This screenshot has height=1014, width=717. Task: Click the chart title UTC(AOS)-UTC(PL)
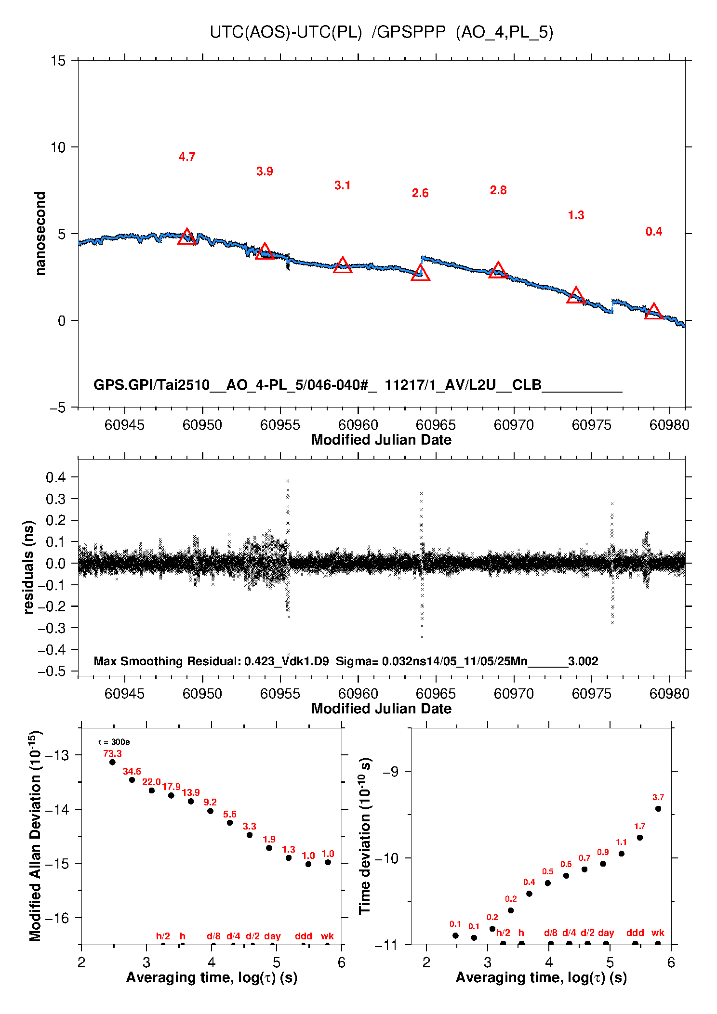286,32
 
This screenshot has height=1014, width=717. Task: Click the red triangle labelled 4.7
187,237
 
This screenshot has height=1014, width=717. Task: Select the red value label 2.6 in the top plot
420,193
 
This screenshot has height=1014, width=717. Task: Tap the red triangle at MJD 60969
498,271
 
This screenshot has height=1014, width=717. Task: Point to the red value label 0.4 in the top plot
654,232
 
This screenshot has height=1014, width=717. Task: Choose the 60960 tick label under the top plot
358,425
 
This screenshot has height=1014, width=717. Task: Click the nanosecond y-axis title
40,234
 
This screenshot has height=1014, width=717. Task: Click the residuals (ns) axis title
29,567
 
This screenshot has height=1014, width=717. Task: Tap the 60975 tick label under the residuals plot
591,694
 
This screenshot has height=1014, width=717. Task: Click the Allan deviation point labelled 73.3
112,762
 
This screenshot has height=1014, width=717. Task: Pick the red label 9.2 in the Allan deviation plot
210,802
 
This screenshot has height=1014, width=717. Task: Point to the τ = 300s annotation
114,742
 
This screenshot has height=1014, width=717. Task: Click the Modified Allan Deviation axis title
35,836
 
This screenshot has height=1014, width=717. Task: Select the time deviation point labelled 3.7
658,809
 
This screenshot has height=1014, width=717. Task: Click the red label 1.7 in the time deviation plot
639,826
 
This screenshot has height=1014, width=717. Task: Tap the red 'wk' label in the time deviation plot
658,933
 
